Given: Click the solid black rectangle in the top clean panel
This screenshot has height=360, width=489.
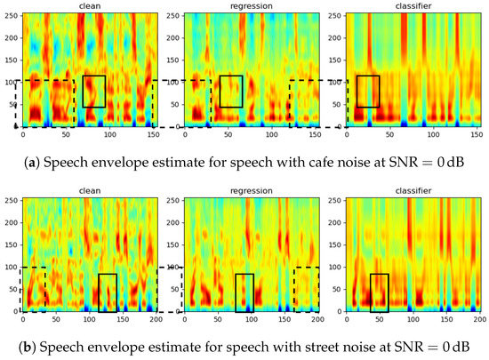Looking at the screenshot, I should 94,92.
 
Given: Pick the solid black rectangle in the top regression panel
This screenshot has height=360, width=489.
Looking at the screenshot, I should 231,92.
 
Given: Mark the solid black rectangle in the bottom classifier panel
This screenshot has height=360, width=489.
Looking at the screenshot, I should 379,292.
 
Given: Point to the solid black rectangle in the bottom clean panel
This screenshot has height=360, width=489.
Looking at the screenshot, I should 108,292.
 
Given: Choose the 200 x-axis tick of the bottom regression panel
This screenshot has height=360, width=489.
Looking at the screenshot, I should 319,317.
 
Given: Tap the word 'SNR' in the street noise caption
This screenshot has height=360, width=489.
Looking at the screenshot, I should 391,343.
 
